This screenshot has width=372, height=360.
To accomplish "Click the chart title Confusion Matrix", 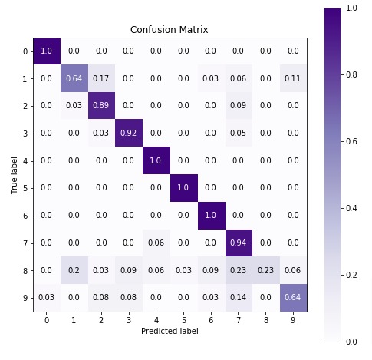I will tap(170, 30).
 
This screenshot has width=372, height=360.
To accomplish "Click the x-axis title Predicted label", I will tap(170, 330).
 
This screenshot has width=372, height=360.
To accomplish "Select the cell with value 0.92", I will tap(129, 133).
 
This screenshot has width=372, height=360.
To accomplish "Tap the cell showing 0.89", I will tap(101, 105).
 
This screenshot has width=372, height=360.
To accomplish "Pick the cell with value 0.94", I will tap(239, 243).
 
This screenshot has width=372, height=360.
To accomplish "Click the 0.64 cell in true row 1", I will tap(74, 78).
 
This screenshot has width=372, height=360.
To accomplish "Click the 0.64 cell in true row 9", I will tap(293, 297).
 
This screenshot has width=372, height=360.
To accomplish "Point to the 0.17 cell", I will tap(101, 78).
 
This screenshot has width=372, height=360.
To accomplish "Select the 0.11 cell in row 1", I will tap(293, 78).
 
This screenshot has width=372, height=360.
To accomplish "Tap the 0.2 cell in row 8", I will tap(74, 270).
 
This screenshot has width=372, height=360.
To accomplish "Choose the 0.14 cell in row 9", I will tap(239, 297).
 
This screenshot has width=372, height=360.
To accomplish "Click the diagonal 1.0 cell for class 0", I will tap(47, 51).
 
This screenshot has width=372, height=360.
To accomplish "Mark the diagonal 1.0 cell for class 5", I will tap(183, 188).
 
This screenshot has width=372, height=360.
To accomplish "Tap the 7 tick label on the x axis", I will tap(239, 319).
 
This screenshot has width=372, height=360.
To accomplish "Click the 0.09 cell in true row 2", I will tap(239, 105).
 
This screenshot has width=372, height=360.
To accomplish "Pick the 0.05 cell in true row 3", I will tap(239, 133).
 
